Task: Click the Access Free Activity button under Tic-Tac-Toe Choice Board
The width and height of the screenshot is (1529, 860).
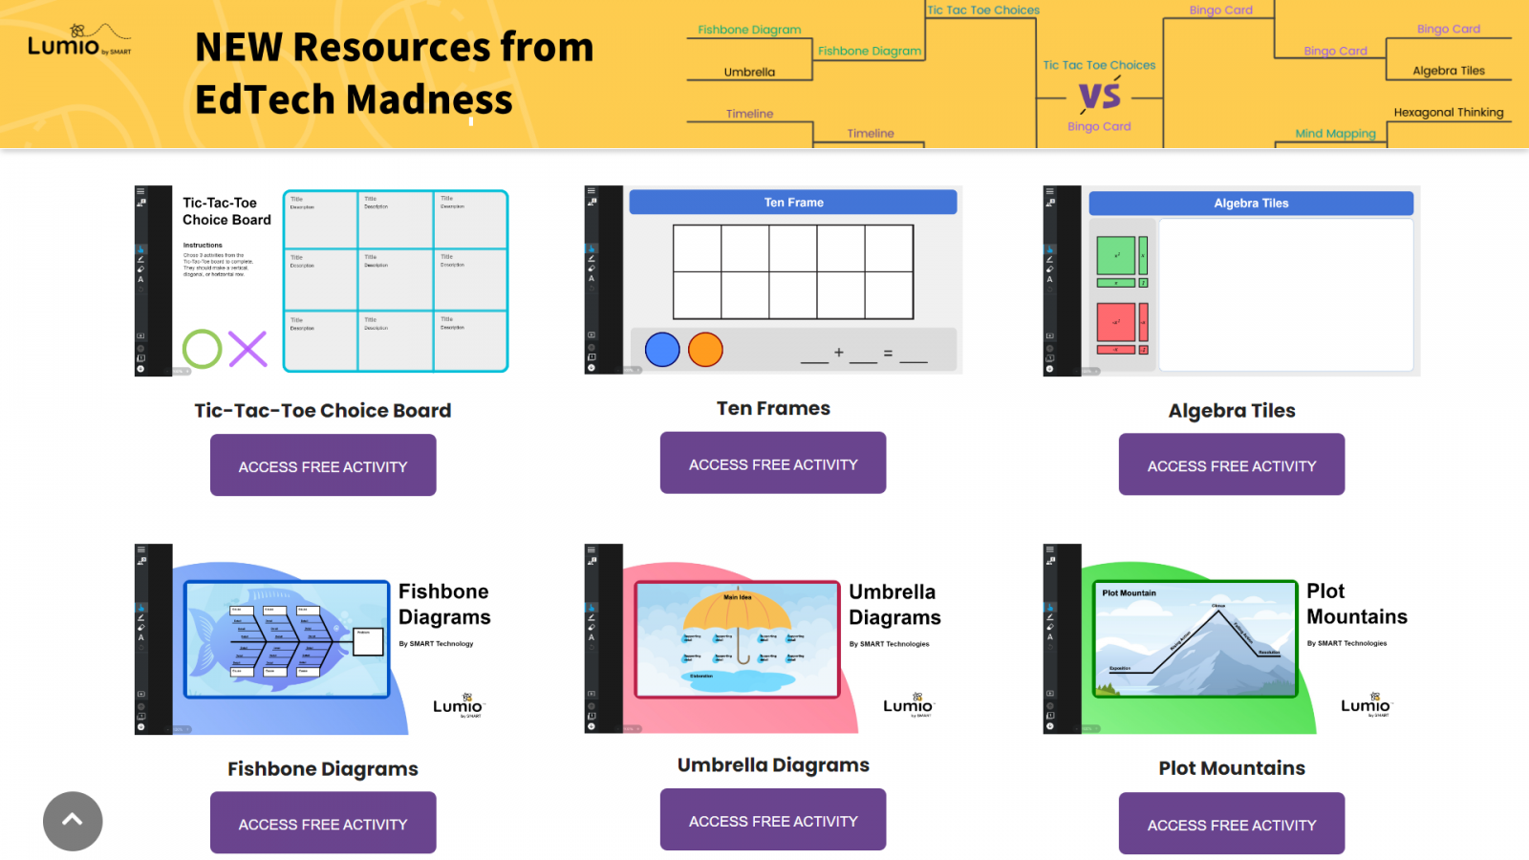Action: tap(323, 465)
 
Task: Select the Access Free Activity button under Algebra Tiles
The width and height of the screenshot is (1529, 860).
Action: tap(1231, 464)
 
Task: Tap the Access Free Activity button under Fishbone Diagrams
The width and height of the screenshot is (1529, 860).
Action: tap(323, 823)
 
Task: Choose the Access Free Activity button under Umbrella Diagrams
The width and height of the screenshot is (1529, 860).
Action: tap(773, 820)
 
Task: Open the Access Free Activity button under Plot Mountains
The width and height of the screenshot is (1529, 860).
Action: tap(1231, 824)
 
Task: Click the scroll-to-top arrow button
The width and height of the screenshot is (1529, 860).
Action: tap(73, 821)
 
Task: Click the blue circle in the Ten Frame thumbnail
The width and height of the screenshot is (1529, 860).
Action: tap(662, 350)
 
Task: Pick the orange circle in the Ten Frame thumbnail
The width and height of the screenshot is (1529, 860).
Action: tap(705, 350)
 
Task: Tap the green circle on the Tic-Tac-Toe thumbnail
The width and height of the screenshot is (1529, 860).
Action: tap(203, 350)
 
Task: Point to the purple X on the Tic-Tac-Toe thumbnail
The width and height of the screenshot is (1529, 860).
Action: tap(248, 350)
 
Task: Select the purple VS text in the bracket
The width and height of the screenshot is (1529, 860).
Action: tap(1099, 96)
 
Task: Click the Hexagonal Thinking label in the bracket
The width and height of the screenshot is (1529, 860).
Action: tap(1448, 113)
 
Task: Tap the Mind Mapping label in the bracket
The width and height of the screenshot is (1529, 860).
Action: tap(1335, 134)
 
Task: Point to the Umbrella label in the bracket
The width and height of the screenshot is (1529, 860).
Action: tap(749, 73)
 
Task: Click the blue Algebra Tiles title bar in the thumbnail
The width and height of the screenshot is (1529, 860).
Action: tap(1250, 204)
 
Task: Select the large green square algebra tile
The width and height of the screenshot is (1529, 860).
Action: tap(1115, 256)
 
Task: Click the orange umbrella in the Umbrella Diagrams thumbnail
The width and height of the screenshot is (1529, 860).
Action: tap(737, 613)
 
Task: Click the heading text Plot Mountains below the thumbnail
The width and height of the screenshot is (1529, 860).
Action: tap(1231, 768)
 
